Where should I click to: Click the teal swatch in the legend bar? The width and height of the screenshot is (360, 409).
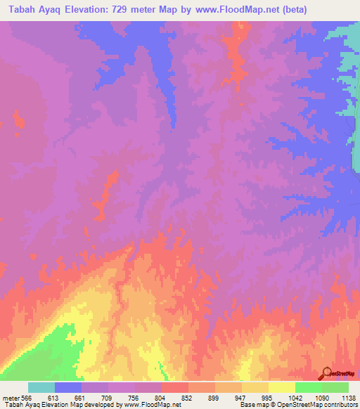tap(41, 388)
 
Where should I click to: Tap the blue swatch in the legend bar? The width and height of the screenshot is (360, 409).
tap(68, 388)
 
